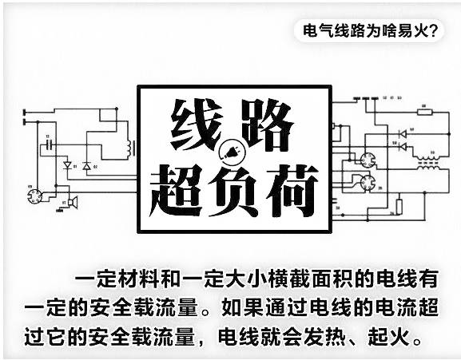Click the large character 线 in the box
click(197, 125)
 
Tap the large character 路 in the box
click(267, 125)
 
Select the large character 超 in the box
click(176, 191)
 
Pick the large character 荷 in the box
click(292, 191)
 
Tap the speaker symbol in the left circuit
click(73, 202)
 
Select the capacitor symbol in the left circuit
click(50, 144)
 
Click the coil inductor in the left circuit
click(129, 148)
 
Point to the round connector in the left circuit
click(34, 196)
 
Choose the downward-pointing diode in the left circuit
click(68, 165)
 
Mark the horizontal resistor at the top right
click(425, 112)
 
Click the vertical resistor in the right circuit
click(399, 207)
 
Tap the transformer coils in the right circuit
click(428, 163)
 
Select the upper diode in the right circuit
click(402, 134)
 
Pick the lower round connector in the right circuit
click(368, 182)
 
